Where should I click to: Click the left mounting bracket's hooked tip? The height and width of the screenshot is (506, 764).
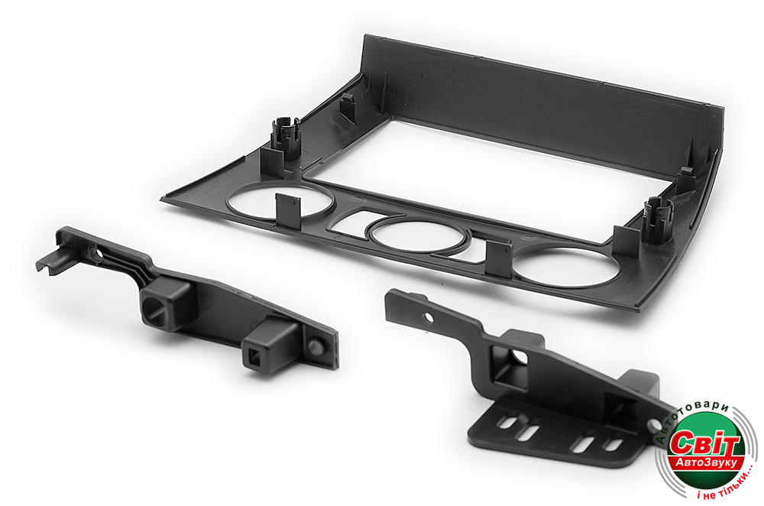point(49,261)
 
